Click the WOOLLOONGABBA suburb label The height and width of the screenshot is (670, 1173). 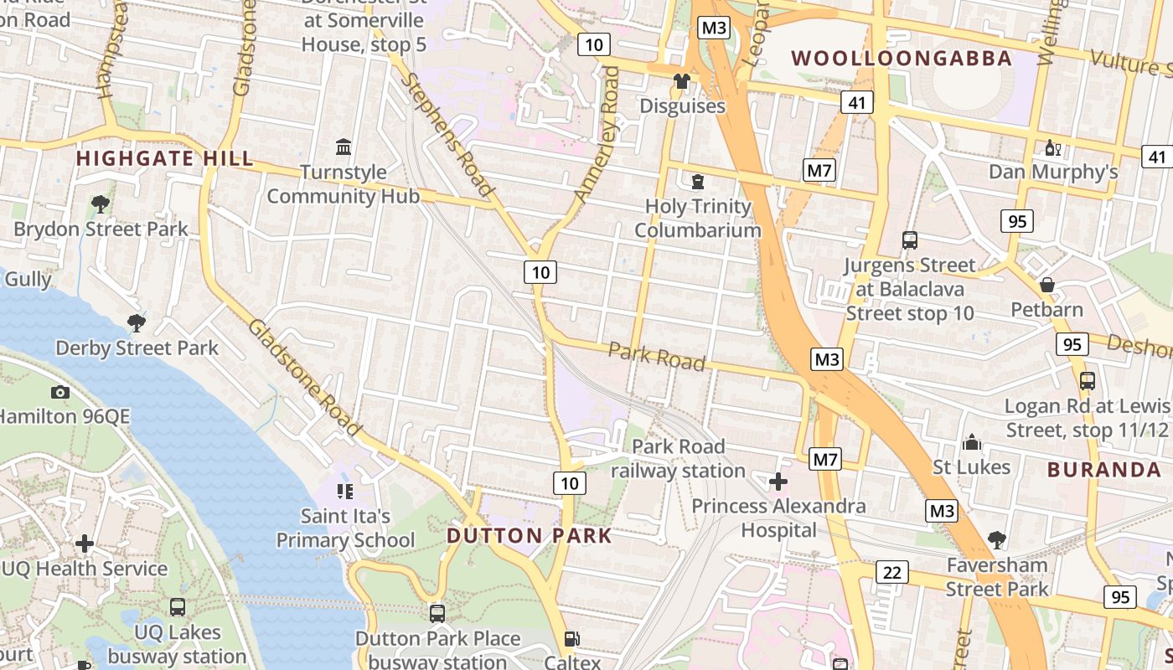(x=902, y=59)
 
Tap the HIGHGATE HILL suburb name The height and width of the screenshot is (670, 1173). (x=164, y=158)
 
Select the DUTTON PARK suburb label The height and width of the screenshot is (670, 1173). (x=530, y=535)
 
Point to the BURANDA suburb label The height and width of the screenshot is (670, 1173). (x=1103, y=469)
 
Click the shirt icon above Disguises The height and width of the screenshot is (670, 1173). (x=682, y=81)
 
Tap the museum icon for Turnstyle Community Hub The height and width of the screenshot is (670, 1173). (x=344, y=147)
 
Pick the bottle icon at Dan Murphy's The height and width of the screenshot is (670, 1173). (x=1053, y=148)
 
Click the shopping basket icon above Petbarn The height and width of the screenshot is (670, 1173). (x=1046, y=286)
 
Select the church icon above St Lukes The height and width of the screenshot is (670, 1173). (x=972, y=441)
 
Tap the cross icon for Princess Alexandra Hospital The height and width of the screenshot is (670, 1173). (x=778, y=482)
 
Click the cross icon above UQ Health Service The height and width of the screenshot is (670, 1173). (x=85, y=544)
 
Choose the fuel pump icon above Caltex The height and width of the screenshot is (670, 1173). (x=572, y=639)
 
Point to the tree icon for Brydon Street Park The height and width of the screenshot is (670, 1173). (x=101, y=204)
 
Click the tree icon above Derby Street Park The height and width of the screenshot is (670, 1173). (x=136, y=322)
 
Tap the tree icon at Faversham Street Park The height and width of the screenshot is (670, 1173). (x=997, y=539)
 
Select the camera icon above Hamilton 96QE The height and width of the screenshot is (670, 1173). (x=59, y=391)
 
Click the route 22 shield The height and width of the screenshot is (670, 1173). (x=892, y=572)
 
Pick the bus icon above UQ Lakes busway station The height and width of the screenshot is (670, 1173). (x=177, y=607)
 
